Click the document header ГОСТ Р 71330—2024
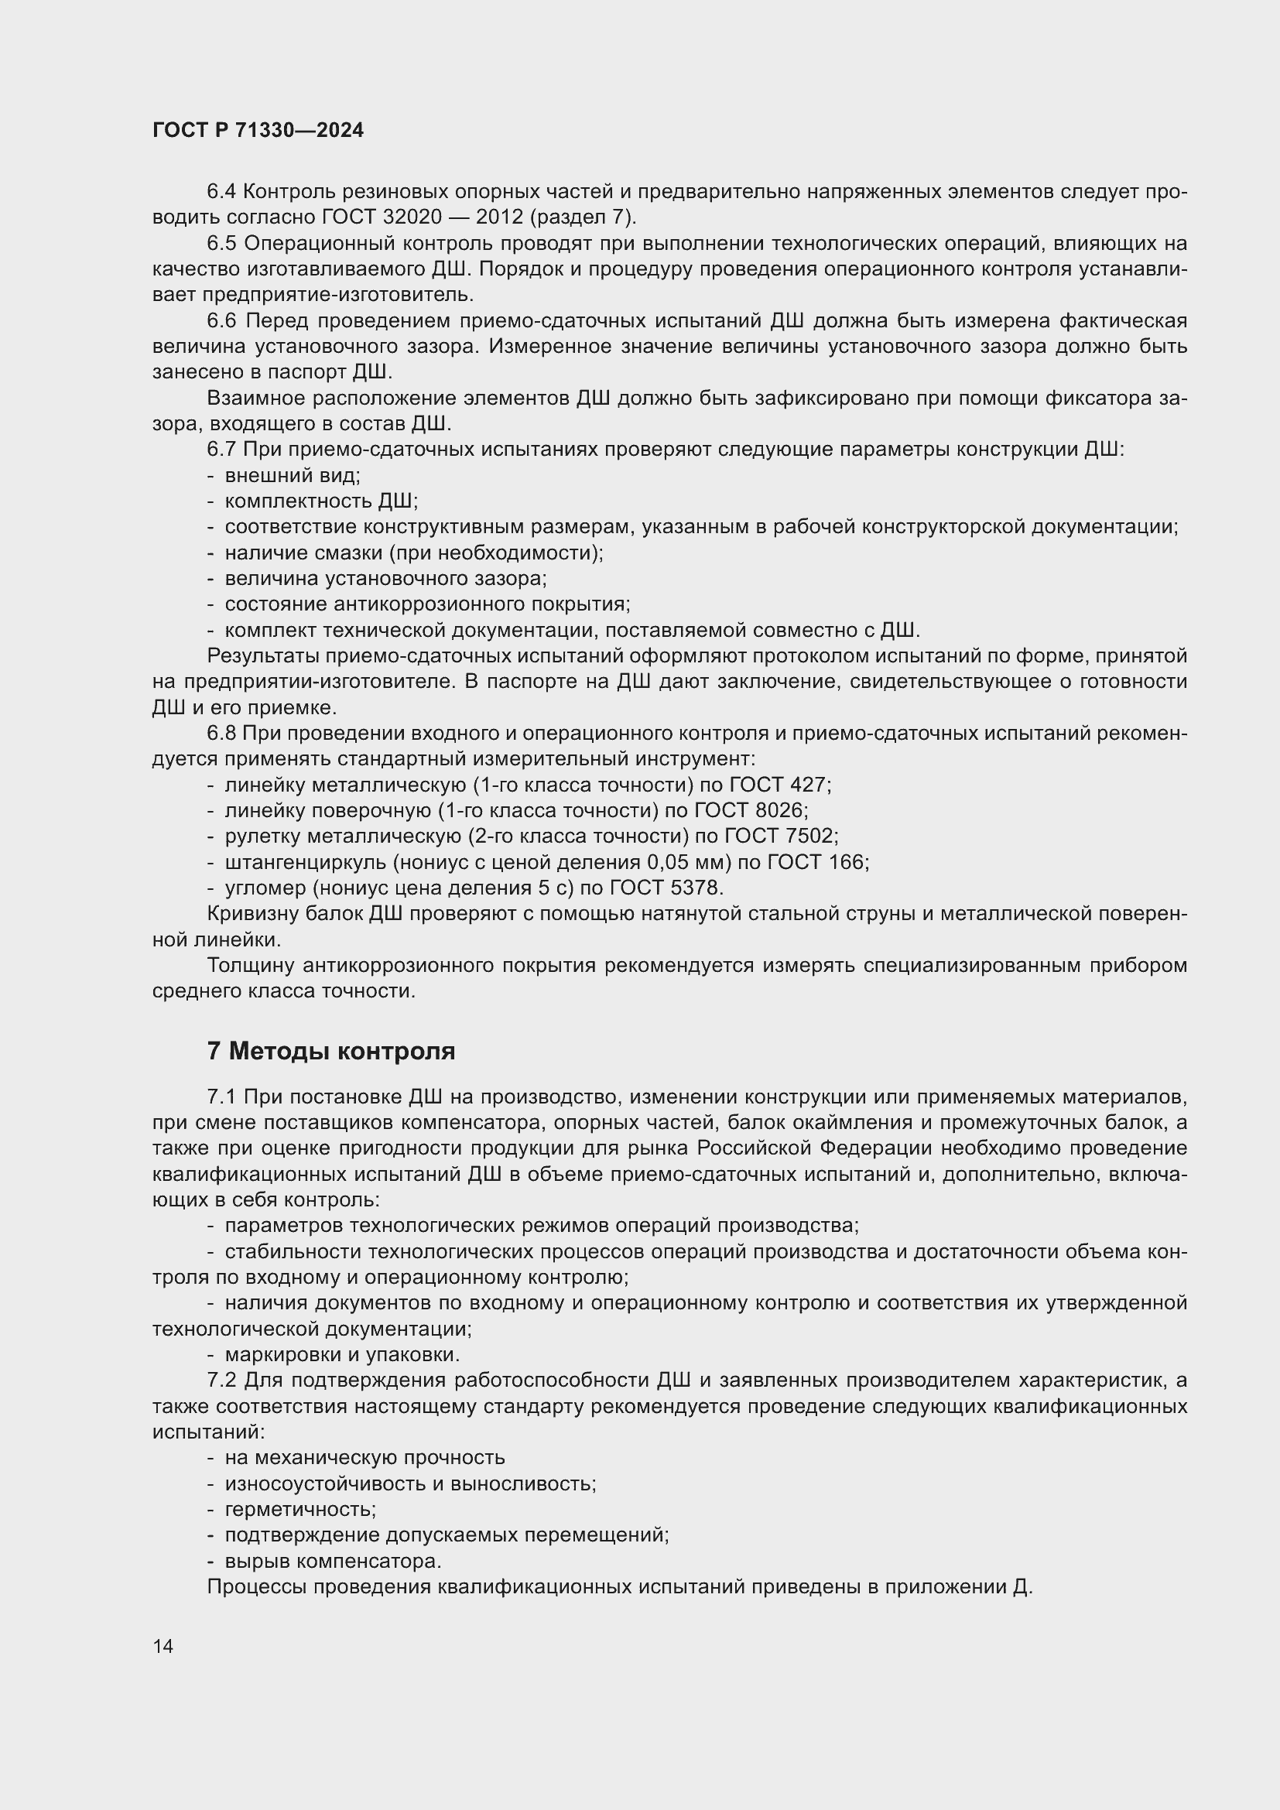(x=258, y=131)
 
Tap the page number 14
(x=163, y=1646)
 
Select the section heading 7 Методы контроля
(x=331, y=1051)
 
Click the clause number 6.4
(x=221, y=192)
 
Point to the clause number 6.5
(x=221, y=244)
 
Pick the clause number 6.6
(x=221, y=321)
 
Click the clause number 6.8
(x=221, y=733)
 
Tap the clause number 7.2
(x=221, y=1381)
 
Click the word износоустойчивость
(x=324, y=1483)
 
